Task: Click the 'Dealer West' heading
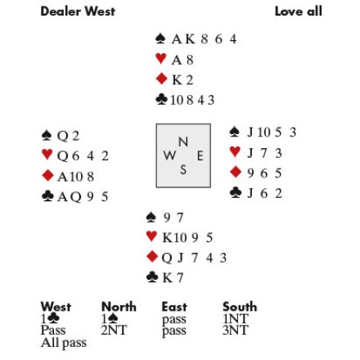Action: coord(78,11)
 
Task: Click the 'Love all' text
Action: coord(299,11)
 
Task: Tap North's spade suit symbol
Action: coord(160,38)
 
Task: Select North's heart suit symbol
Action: coord(160,59)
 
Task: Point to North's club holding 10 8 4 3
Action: coord(192,101)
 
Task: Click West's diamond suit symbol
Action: coord(47,175)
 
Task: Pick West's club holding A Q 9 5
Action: coord(83,196)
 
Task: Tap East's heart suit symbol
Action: coord(235,152)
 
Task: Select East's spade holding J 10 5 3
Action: coord(272,133)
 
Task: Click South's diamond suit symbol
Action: coord(152,257)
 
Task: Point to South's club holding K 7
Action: coord(173,277)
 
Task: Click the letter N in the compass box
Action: coord(183,142)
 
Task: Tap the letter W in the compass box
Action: coord(169,155)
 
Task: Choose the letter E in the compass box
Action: coord(200,156)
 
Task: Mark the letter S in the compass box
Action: coord(183,169)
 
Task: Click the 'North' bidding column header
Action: coord(119,307)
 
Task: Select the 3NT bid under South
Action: coord(236,331)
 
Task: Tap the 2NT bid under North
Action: coord(114,331)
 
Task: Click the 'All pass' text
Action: coord(64,343)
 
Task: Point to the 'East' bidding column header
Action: coord(174,307)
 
